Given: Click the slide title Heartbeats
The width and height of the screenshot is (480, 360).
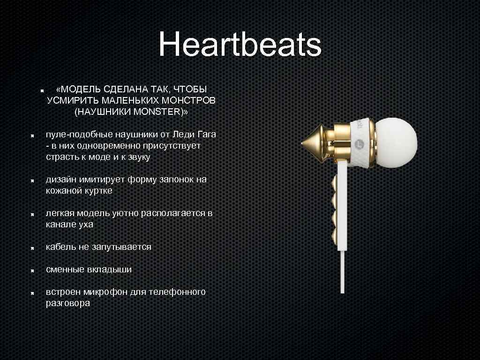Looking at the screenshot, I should coord(240,45).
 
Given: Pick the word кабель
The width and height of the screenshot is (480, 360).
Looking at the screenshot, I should coord(60,247).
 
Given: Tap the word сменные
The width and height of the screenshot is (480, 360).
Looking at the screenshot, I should coord(65,270).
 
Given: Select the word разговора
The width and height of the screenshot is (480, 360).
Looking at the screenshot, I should coord(67,303).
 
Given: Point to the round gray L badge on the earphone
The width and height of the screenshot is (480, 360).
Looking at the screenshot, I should coord(360,143).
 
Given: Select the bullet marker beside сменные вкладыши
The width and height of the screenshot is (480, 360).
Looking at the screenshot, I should coord(29,270).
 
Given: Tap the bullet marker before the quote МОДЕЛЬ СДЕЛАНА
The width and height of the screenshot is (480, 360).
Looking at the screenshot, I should coord(42,89).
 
